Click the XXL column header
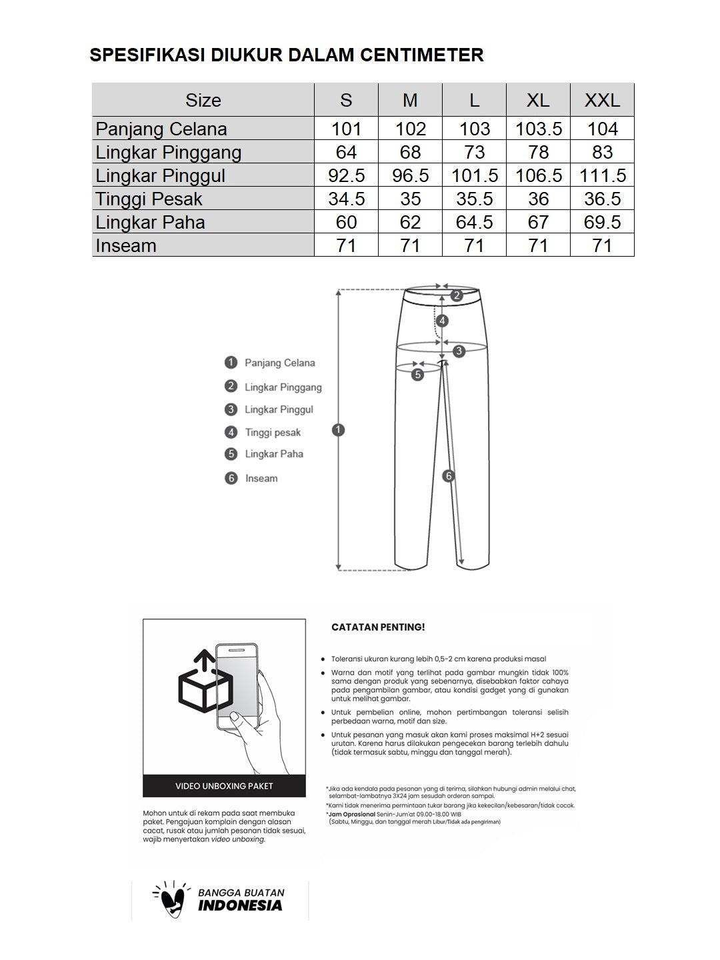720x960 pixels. [602, 100]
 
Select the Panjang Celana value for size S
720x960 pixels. [346, 129]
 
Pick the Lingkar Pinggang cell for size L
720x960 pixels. [474, 152]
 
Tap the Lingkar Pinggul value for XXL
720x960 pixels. [602, 175]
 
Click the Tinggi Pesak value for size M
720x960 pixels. [410, 199]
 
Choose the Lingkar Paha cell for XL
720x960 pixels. [538, 222]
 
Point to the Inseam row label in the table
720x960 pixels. [126, 245]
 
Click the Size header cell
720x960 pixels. [203, 100]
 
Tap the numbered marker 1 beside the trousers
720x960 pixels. [338, 430]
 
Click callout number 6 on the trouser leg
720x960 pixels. [449, 476]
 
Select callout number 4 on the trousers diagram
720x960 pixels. [442, 321]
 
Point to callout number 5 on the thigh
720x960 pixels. [417, 375]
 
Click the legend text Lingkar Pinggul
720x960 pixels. [279, 409]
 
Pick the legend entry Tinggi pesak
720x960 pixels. [273, 433]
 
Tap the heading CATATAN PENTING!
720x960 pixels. [378, 627]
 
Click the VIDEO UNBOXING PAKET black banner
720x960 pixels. [224, 786]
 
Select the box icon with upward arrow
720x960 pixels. [205, 682]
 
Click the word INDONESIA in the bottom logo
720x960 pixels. [240, 905]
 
